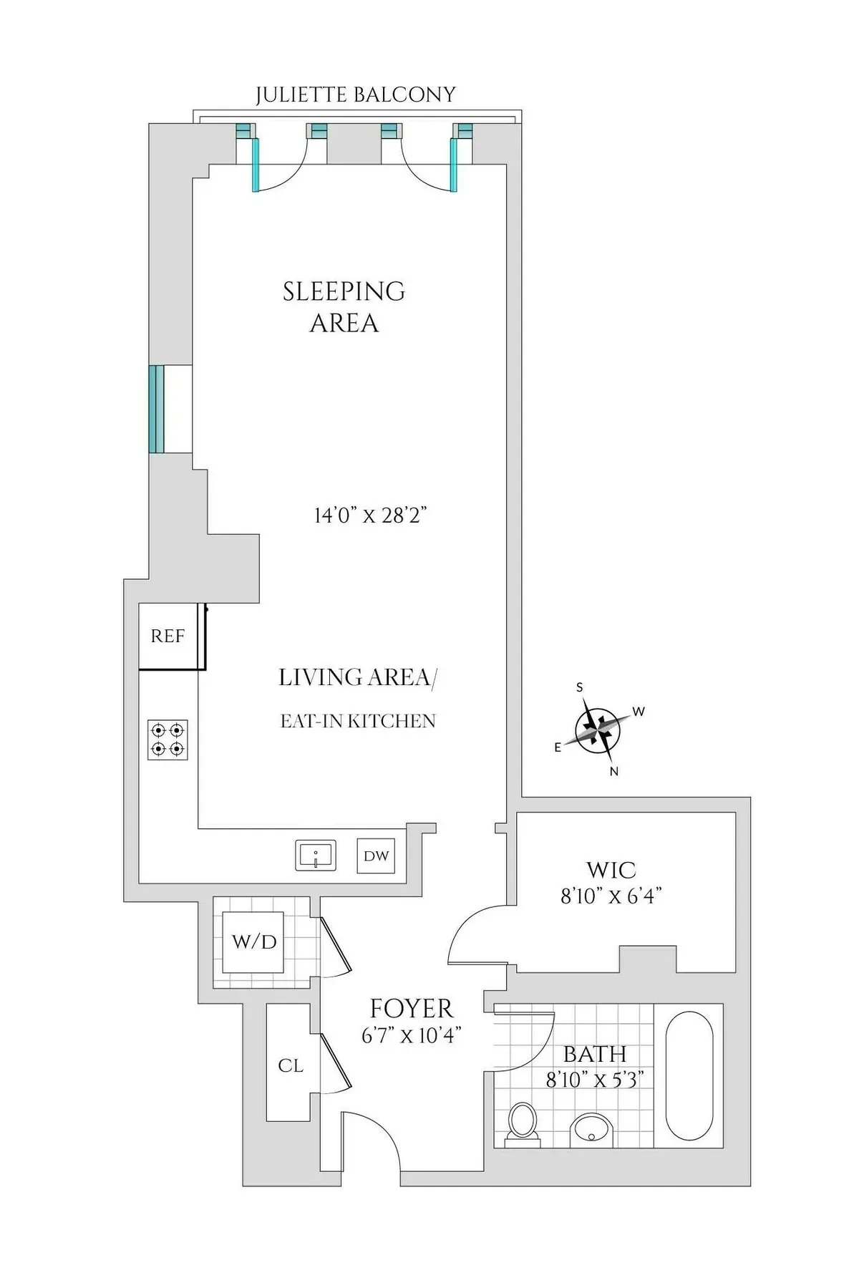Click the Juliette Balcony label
pos(356,95)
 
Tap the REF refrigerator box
pos(168,636)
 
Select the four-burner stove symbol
pos(168,740)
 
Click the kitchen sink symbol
pos(316,856)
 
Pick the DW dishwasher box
pos(376,856)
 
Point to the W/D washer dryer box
pos(253,941)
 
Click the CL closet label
pos(290,1065)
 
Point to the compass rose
pos(598,730)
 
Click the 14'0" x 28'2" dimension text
pos(370,515)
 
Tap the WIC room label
pos(611,870)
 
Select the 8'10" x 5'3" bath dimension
pos(595,1079)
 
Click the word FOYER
pos(412,1009)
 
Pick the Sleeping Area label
pos(344,306)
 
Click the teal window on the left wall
pos(157,409)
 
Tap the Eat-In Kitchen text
pos(358,721)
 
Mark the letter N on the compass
pos(614,771)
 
